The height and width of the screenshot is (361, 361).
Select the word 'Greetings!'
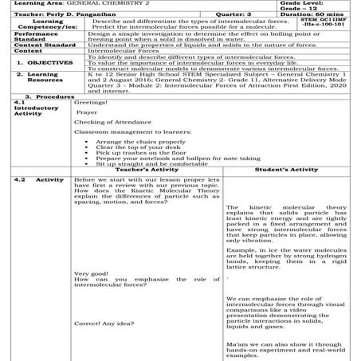point(88,125)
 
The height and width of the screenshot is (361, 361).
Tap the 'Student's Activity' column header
point(286,191)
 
